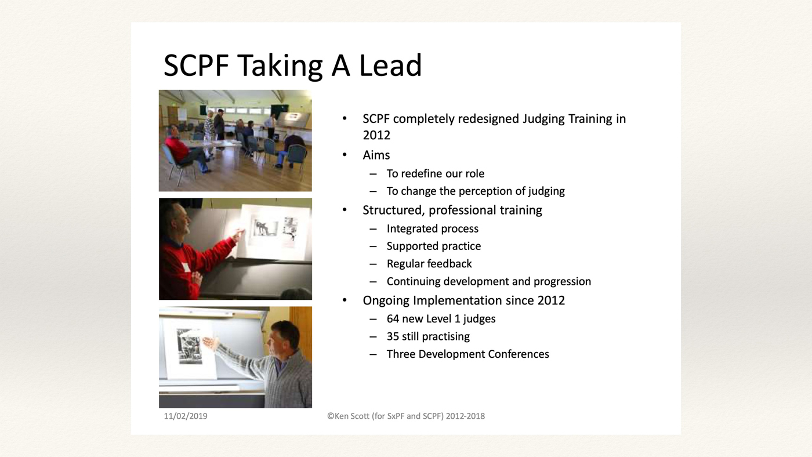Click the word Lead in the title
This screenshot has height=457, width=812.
tap(390, 65)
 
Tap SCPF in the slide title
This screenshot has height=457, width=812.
tap(196, 65)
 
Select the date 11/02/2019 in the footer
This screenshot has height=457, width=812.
tap(186, 416)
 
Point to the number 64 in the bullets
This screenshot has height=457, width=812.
tap(393, 318)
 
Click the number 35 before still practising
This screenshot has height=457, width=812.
tap(393, 336)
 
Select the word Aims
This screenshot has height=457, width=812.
tap(376, 155)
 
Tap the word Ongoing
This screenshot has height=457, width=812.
tap(386, 300)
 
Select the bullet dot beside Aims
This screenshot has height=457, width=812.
tap(345, 155)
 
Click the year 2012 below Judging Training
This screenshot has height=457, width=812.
tap(376, 135)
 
